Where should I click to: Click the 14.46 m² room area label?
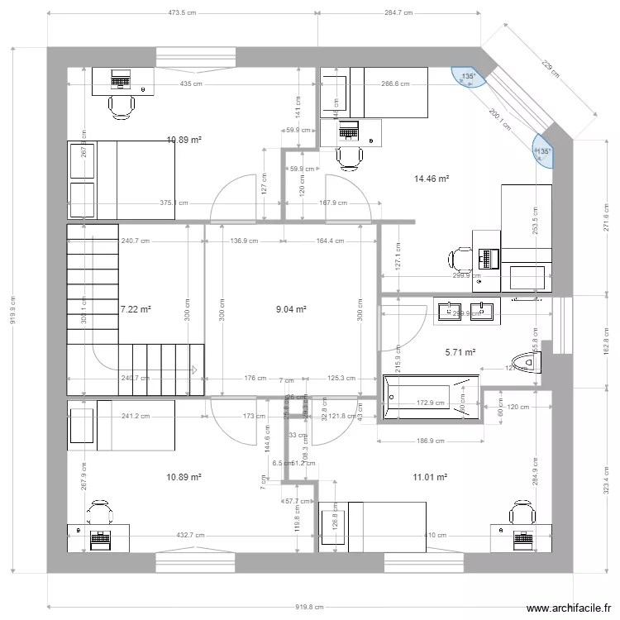[x=431, y=178]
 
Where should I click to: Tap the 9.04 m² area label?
[x=291, y=310]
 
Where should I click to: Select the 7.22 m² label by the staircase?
[x=136, y=310]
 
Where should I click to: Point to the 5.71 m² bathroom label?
[x=460, y=352]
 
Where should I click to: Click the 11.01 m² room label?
[x=430, y=477]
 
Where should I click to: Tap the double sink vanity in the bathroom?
[x=465, y=312]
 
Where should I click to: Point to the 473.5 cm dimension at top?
[x=183, y=13]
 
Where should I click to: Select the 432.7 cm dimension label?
[x=190, y=536]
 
